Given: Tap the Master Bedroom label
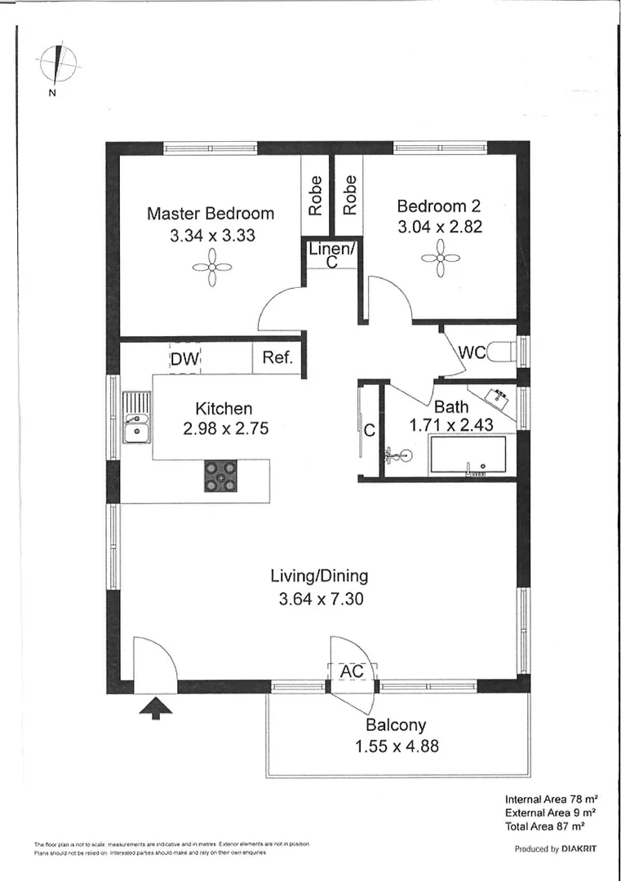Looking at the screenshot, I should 211,214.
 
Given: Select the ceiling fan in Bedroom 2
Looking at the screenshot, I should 439,259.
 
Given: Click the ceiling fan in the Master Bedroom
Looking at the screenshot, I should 211,267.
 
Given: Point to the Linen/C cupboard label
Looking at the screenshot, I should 331,255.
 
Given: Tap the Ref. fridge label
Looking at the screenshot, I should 277,358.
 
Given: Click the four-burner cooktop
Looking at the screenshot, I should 221,476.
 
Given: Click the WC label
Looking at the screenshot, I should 473,353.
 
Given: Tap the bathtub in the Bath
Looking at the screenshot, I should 468,454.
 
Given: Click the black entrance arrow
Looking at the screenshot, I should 155,709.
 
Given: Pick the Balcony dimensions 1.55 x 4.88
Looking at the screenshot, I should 396,745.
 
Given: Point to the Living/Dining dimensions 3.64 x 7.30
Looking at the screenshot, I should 319,599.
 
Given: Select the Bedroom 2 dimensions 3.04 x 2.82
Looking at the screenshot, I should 439,227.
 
